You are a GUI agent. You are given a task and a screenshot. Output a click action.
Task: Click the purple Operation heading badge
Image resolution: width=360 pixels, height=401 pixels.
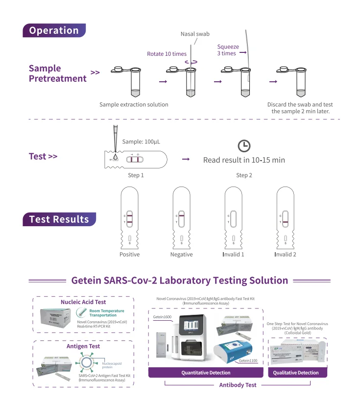tap(54, 30)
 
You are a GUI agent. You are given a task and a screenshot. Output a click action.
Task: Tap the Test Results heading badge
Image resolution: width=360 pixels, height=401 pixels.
tap(59, 219)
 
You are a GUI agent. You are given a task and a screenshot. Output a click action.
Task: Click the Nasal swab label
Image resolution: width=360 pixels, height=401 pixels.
tap(194, 34)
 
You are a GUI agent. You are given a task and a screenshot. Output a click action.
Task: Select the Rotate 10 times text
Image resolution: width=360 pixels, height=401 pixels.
tap(167, 54)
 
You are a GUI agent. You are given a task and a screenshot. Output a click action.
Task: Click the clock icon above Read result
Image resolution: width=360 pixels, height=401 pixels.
tap(244, 145)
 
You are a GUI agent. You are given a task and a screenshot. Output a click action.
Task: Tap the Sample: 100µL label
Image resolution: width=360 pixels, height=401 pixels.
tap(141, 142)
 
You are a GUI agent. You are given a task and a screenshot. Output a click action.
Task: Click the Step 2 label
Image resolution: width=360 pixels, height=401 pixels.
tap(244, 175)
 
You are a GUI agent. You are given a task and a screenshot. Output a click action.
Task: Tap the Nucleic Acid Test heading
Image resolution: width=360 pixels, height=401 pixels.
tap(83, 302)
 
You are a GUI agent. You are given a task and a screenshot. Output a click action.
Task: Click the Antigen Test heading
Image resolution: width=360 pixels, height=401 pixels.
tap(83, 346)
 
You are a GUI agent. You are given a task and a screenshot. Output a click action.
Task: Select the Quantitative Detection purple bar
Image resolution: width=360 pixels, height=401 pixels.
tap(206, 373)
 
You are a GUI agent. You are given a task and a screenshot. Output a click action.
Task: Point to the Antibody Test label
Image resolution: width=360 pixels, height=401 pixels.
tap(238, 385)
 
